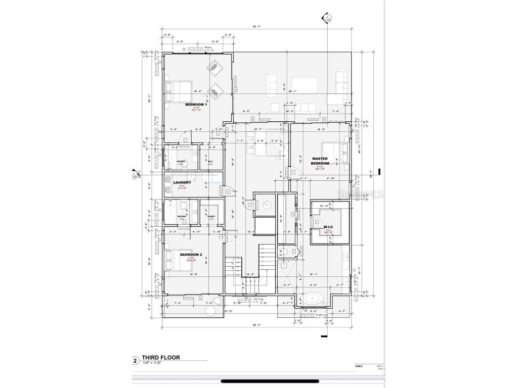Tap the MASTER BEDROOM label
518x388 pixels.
coord(320,161)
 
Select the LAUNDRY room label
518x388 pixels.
coord(182,183)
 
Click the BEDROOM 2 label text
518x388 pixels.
coord(191,254)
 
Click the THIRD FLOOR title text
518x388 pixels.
coord(160,357)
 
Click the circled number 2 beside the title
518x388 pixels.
coord(135,361)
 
